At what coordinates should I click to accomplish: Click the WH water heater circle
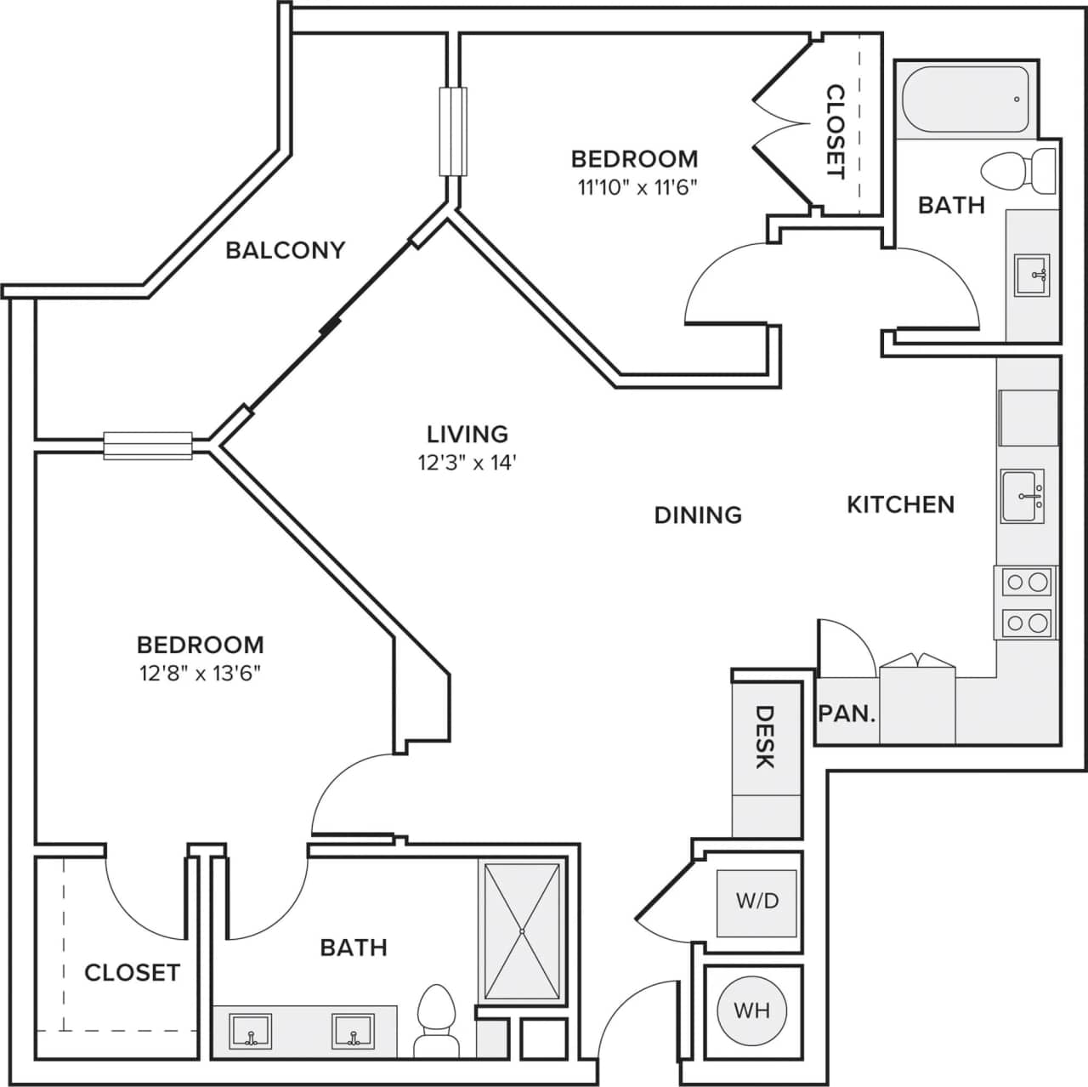(x=751, y=1010)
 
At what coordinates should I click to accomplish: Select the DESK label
(x=765, y=737)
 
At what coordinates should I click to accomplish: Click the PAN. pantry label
(x=847, y=714)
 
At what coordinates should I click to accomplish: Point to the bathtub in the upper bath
(x=966, y=100)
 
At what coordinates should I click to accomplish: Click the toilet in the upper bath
(x=1017, y=170)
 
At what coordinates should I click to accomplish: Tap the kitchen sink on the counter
(x=1023, y=496)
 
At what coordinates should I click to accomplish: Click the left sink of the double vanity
(x=251, y=1031)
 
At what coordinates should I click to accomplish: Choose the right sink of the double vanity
(x=353, y=1031)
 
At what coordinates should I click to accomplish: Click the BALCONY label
(x=286, y=250)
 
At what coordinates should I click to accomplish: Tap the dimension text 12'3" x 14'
(x=467, y=463)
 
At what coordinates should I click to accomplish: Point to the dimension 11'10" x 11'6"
(x=637, y=187)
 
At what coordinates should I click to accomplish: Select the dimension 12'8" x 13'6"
(x=200, y=674)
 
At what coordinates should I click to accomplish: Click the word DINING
(x=698, y=515)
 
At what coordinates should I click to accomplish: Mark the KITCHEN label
(x=900, y=504)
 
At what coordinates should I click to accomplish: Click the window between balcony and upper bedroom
(x=453, y=132)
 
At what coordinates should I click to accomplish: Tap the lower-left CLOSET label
(x=132, y=972)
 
